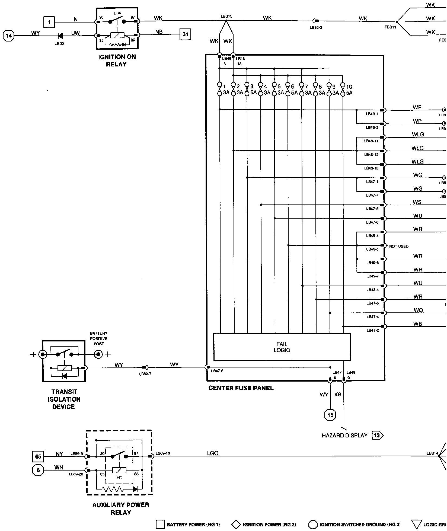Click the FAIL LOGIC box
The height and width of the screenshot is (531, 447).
pos(282,347)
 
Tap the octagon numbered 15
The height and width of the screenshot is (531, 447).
pos(330,415)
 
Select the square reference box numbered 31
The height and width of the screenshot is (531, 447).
pos(185,34)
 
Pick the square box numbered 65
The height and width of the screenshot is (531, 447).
pos(38,456)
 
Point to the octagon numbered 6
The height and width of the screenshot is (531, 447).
pos(38,470)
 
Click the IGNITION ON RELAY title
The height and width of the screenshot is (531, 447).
pos(117,60)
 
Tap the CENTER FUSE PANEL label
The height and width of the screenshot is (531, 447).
pos(241,388)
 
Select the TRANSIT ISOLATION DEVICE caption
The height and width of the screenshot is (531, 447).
pos(64,399)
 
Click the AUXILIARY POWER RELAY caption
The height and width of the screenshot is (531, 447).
pos(121,508)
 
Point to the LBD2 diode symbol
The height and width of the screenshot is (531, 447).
pos(60,36)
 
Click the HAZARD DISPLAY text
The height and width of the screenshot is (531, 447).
pos(344,436)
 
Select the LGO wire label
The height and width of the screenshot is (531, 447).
pos(213,453)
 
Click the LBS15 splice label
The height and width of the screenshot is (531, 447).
pos(226,16)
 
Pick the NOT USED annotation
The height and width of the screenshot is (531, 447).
pos(399,246)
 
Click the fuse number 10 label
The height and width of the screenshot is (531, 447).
pos(349,87)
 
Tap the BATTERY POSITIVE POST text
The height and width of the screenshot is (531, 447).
pos(99,338)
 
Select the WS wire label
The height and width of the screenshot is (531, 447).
pos(417,202)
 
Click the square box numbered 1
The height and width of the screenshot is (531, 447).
pos(49,22)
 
